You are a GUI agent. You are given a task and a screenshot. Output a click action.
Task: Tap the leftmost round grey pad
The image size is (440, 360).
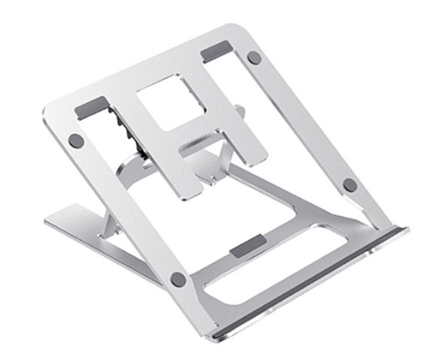click(x=76, y=140)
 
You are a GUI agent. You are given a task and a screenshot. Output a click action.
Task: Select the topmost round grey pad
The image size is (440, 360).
click(x=254, y=58)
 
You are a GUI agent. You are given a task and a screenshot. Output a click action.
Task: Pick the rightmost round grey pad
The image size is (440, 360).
click(x=350, y=185)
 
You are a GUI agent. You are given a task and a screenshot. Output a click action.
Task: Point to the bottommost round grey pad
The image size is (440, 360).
click(x=178, y=278)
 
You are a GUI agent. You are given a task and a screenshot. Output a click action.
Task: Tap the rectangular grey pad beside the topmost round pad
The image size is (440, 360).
click(x=216, y=52)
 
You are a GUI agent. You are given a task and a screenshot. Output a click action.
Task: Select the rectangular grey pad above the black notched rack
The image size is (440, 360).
click(x=92, y=107)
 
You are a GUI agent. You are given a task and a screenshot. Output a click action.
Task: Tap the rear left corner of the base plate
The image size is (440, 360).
click(x=48, y=218)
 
